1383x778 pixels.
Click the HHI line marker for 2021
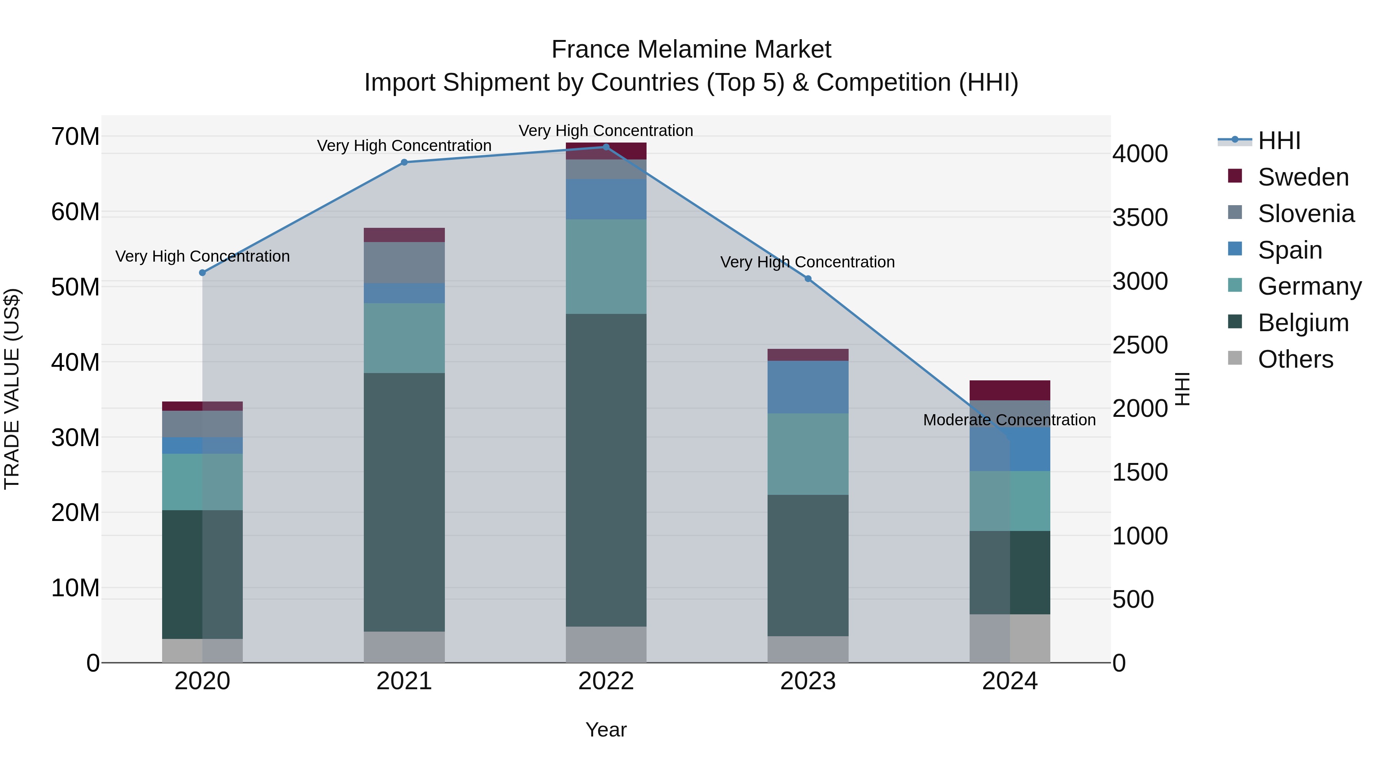click(404, 162)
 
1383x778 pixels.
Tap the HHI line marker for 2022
click(606, 147)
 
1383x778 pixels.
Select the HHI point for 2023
click(808, 279)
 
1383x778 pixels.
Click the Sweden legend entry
click(1302, 177)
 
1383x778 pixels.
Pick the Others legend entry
click(1295, 359)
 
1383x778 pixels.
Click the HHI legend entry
click(1279, 141)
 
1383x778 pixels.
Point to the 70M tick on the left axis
click(75, 136)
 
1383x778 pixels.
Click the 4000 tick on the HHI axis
click(1140, 154)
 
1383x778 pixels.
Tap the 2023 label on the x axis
click(808, 681)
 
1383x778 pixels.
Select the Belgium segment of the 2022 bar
click(606, 470)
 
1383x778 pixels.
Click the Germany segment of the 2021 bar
click(404, 338)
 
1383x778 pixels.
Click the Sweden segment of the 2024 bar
click(1010, 390)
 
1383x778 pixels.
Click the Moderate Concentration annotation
click(1009, 420)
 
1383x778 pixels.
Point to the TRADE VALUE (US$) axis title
click(12, 389)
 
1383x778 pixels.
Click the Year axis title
click(606, 730)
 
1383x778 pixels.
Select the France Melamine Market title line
click(691, 50)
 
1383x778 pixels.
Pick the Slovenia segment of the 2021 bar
click(404, 262)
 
